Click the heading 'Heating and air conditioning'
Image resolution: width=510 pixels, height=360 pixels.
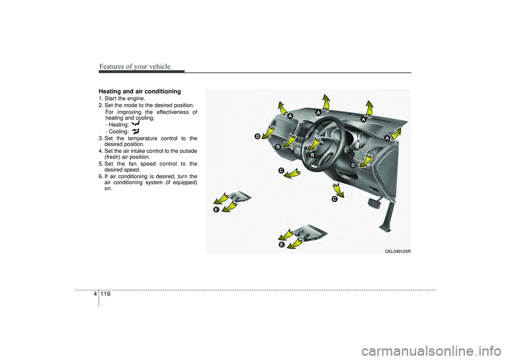pos(140,91)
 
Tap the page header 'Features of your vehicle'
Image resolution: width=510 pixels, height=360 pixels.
pos(135,66)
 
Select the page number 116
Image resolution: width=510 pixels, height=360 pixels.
pos(106,294)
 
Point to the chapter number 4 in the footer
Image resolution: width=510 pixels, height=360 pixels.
pos(95,294)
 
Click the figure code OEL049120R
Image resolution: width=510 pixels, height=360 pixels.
pos(397,251)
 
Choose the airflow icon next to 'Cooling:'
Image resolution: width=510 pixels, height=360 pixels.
pos(136,131)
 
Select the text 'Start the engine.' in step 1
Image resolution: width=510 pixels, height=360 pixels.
pos(125,99)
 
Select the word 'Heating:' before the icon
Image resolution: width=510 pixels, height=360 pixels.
pos(118,125)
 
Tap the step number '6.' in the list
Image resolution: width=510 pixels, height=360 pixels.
pos(101,177)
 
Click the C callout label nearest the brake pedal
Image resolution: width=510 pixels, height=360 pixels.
pos(334,199)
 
